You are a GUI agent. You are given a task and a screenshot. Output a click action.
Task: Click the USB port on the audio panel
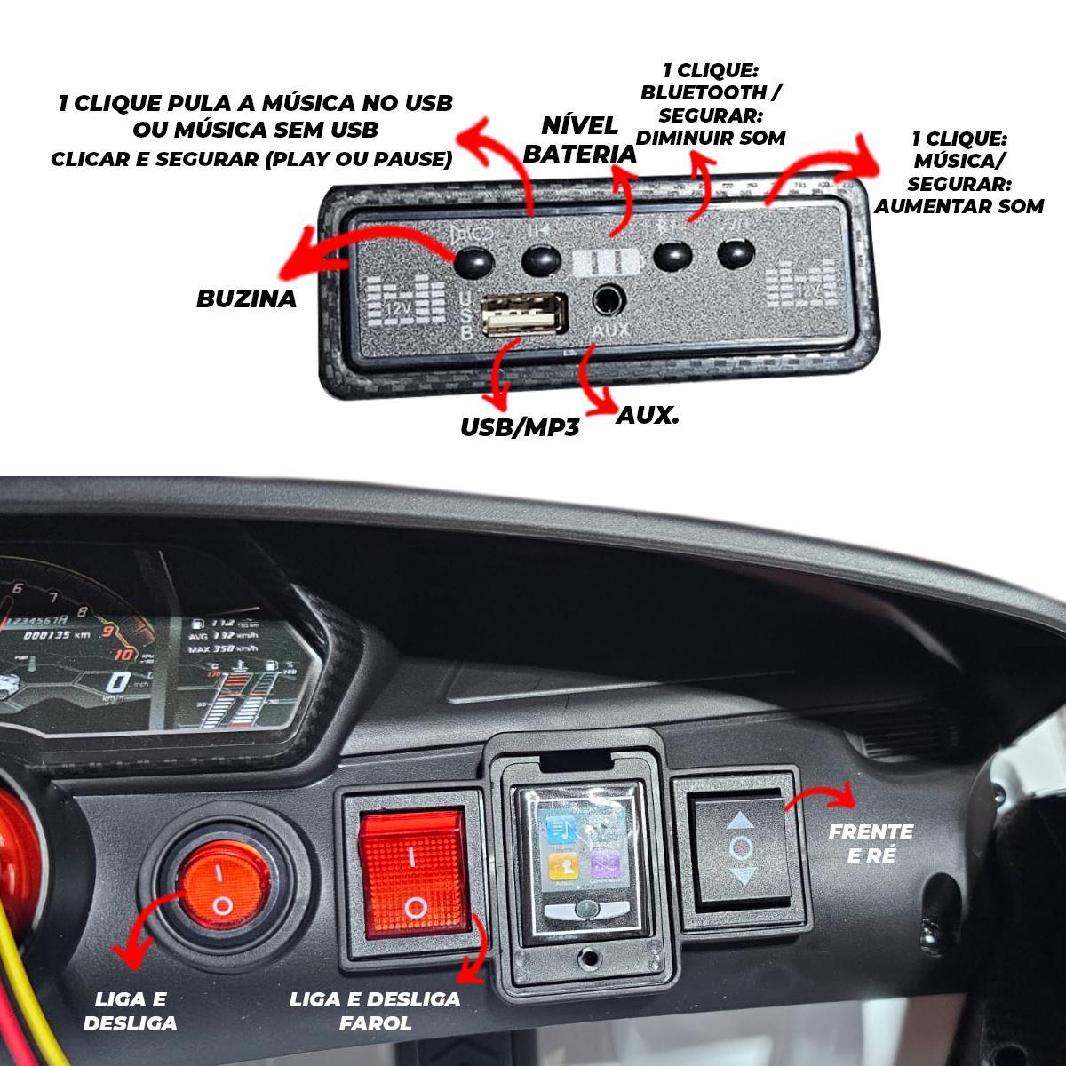tap(523, 315)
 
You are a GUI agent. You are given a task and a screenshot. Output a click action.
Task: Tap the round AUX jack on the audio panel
tap(608, 299)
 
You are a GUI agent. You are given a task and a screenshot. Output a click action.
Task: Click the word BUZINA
tap(246, 298)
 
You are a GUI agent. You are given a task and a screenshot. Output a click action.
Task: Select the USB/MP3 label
tap(520, 427)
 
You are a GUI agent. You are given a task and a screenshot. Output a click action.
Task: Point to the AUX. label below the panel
tap(647, 414)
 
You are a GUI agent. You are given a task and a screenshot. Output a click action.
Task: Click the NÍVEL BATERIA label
tap(580, 139)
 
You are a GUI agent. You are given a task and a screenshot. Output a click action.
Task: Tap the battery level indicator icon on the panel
tap(608, 264)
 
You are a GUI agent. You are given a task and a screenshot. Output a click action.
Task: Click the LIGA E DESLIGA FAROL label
tap(375, 1011)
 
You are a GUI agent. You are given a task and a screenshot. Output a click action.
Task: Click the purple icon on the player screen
tap(606, 863)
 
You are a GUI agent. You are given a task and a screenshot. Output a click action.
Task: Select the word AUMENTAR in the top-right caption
tap(942, 206)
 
